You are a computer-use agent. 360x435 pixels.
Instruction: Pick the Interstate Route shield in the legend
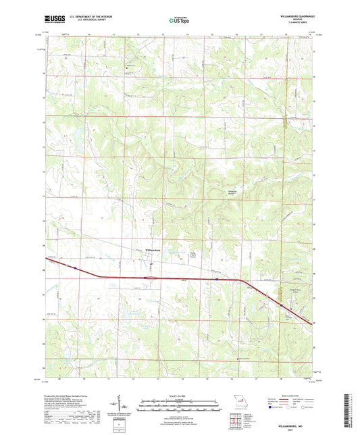coord(274,408)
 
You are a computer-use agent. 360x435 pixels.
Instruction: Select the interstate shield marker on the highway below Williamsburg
coord(145,277)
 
